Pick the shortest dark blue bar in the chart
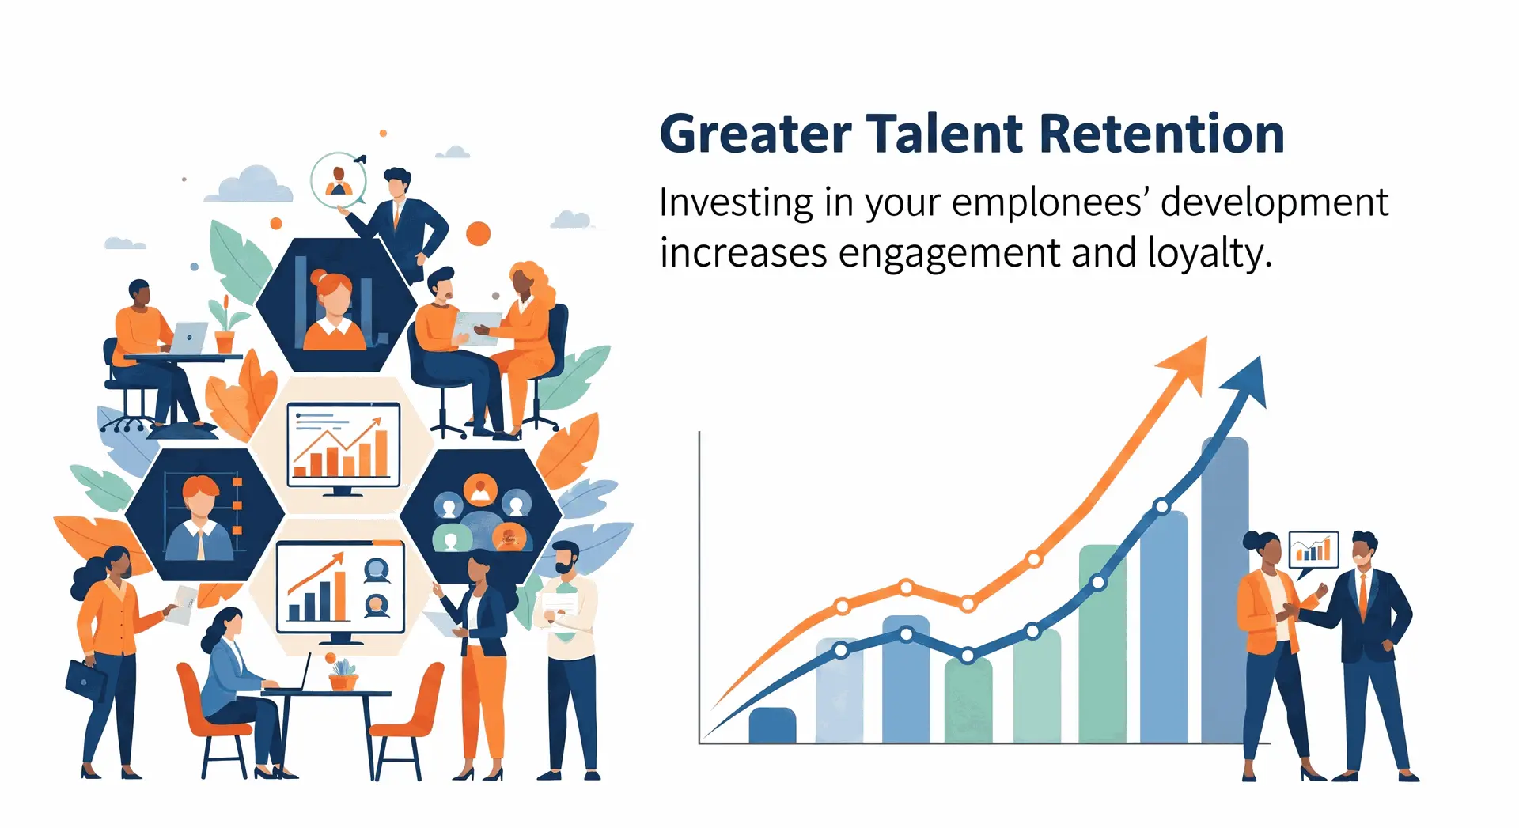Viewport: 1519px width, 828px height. (772, 725)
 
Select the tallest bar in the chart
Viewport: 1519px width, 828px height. (1225, 590)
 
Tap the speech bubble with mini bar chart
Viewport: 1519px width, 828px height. (1313, 551)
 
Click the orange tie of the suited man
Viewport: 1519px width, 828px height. (1362, 595)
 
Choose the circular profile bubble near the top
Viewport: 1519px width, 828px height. (339, 180)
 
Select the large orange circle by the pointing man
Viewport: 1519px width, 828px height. (478, 233)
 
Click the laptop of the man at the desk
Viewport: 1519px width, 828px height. (188, 338)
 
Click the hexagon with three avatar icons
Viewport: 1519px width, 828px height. (481, 515)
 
